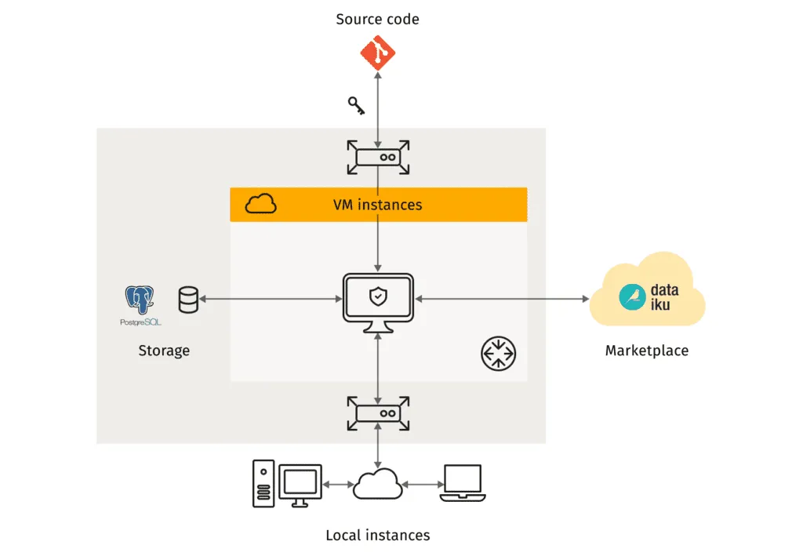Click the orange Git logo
378,53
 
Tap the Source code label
377,19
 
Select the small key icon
356,106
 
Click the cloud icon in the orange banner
261,205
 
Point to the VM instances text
378,205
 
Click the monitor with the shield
378,301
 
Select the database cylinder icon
189,300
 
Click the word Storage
164,350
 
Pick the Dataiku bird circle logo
632,297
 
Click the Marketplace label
647,351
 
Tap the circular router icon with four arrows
498,353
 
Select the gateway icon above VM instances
378,157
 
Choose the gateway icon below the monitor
378,412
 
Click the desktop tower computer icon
263,483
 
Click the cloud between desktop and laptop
378,485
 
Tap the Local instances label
378,536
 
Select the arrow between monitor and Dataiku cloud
502,299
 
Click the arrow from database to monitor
271,299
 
